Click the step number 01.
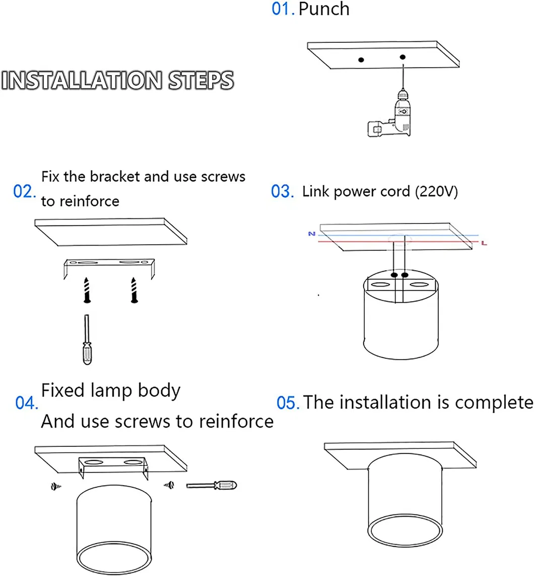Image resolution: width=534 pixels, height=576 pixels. coord(283,9)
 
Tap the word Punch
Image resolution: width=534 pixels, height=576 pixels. coord(324,9)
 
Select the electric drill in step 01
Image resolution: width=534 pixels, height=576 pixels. coord(391,116)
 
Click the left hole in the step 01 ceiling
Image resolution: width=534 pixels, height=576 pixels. coord(361,60)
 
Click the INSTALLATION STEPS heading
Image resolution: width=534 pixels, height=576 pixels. coord(118,81)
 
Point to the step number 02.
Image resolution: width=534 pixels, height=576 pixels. coord(25,192)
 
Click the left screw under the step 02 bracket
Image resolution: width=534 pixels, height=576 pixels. coord(87,290)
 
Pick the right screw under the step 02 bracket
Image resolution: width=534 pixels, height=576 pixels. coord(134,290)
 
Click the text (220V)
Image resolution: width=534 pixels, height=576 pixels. coord(436,192)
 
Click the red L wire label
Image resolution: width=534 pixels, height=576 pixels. coord(484,244)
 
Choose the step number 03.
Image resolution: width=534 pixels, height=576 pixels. coord(283,192)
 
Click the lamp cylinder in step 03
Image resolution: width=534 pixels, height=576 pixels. coord(401,318)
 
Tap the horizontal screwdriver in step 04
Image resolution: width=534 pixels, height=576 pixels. coord(211,485)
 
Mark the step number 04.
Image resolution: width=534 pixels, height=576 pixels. coord(27,404)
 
